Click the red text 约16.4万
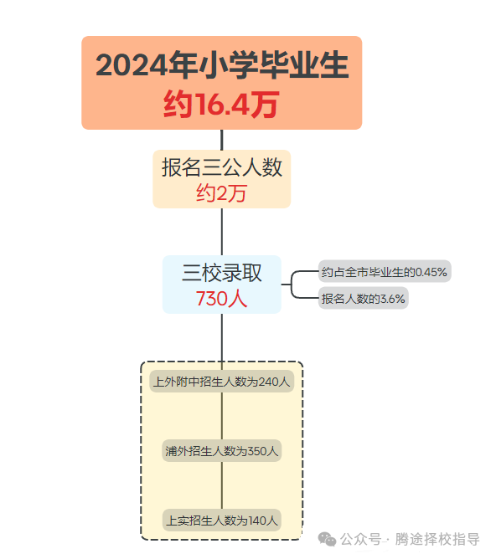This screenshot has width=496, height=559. pos(221,104)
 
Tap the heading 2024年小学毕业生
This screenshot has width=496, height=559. pos(222,65)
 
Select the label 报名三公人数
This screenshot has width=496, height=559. pos(222,167)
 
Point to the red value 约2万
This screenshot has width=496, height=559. pos(221,193)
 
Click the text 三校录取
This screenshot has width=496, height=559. pos(221,273)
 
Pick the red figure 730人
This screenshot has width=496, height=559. pos(221,299)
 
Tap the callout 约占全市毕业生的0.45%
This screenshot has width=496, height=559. pos(385,272)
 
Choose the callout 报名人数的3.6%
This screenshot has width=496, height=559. pos(364,298)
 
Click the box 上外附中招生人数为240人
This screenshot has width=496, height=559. pos(221,382)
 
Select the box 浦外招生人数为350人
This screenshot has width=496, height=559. pos(221,450)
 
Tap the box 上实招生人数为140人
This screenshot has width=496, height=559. pos(221,521)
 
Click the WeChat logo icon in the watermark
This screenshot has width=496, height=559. pos(327,539)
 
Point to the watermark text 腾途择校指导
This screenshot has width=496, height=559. pos(437,539)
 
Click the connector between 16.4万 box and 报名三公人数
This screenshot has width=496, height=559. pos(222,140)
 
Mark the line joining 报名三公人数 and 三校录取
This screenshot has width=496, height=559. pos(222,232)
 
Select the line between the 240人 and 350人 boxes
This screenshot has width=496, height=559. pos(222,416)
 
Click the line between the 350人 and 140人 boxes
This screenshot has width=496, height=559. pos(222,485)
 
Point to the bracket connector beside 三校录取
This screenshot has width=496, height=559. pos(292,285)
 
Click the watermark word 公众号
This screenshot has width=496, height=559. pos(361,539)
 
